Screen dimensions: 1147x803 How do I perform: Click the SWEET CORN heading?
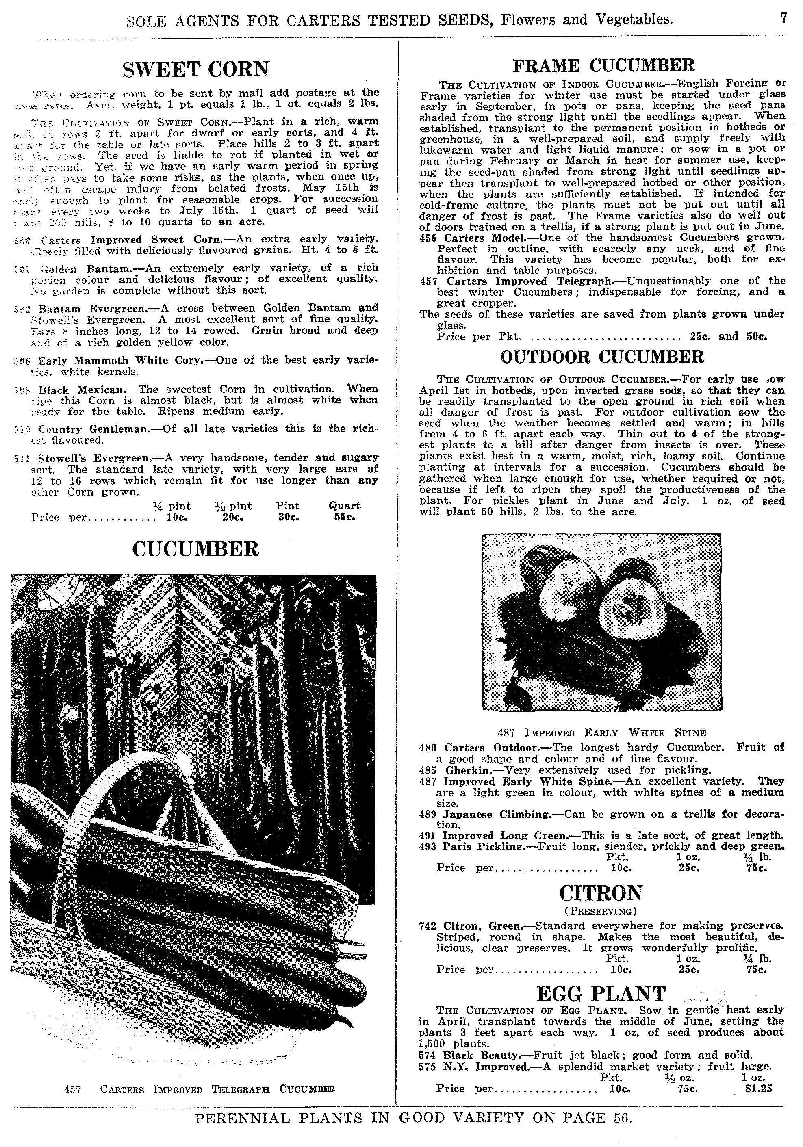click(196, 69)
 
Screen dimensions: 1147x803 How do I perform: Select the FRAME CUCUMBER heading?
click(603, 65)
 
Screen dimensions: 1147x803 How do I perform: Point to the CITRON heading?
click(601, 893)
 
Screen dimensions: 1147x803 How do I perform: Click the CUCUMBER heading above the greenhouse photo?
click(196, 550)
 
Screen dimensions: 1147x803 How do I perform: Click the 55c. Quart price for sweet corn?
click(344, 517)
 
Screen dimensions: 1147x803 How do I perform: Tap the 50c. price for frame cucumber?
click(757, 337)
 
